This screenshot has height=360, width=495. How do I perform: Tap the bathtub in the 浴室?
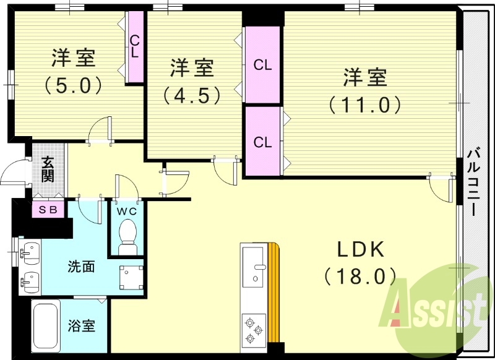(x=46, y=326)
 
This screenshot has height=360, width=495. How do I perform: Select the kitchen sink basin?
(x=253, y=267)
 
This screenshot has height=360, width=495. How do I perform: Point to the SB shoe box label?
(x=48, y=210)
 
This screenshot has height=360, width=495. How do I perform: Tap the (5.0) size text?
(x=73, y=85)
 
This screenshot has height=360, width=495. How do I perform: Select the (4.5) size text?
(x=192, y=95)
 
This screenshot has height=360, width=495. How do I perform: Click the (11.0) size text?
(x=365, y=105)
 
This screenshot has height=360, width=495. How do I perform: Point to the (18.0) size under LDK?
(x=360, y=276)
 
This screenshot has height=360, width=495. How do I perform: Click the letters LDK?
(x=361, y=249)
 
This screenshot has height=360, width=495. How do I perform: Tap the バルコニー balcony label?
(x=474, y=182)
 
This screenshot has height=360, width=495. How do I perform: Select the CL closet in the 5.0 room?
(x=135, y=48)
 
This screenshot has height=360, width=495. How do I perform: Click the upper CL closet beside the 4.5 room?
(x=262, y=65)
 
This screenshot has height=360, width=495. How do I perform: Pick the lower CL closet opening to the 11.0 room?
(x=262, y=142)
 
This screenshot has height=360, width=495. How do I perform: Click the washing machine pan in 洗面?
(x=131, y=277)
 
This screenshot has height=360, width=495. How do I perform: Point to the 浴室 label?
(x=82, y=325)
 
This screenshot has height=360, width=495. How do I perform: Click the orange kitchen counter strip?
(x=273, y=293)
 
